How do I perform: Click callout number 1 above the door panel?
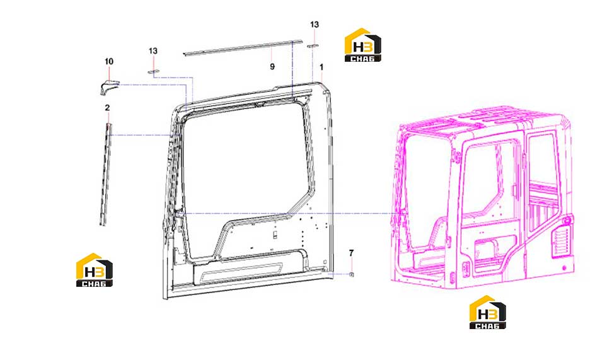click(x=321, y=67)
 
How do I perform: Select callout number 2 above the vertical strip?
click(x=107, y=108)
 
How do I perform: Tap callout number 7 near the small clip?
click(x=351, y=253)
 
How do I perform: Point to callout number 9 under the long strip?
click(x=272, y=67)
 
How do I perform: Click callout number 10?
click(x=109, y=61)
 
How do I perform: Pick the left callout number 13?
click(x=153, y=50)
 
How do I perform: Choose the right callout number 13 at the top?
click(x=315, y=25)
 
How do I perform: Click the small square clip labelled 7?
click(x=352, y=274)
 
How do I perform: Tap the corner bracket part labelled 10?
click(x=108, y=86)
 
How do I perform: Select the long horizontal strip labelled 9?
click(x=243, y=47)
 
